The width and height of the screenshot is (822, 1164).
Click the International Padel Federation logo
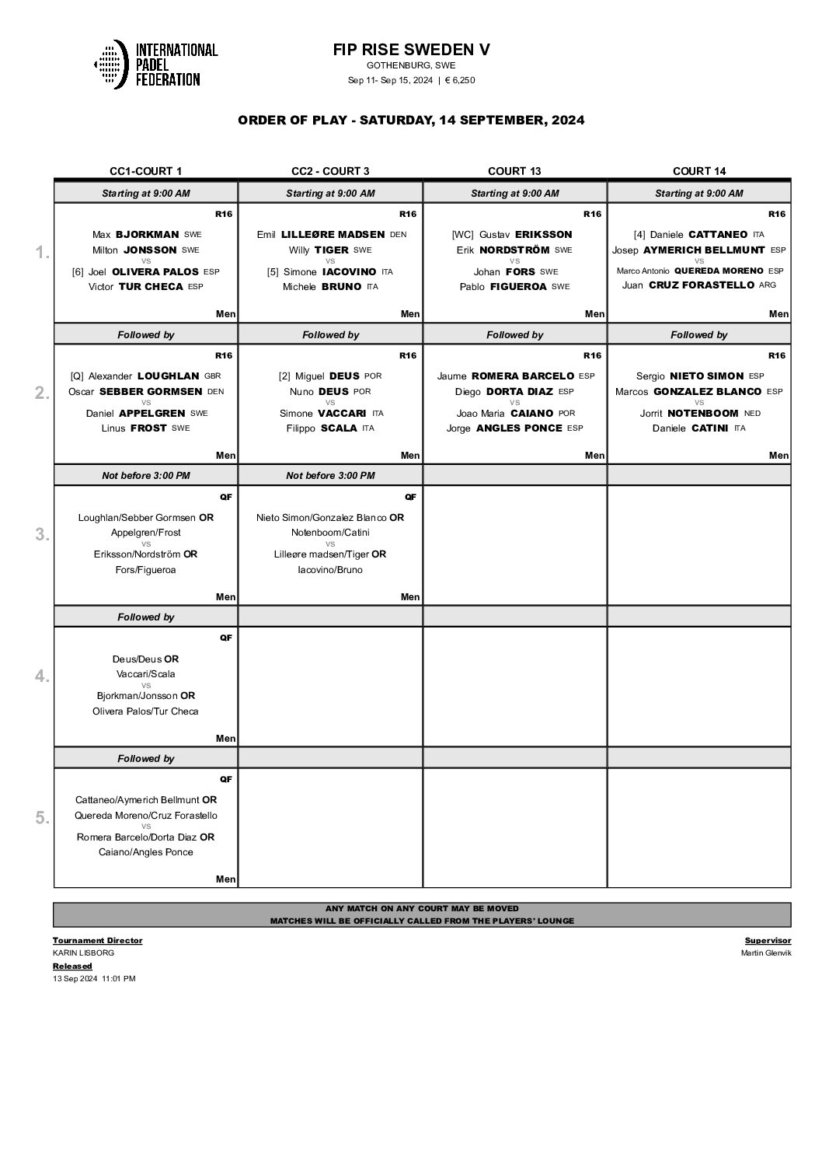pyautogui.click(x=155, y=64)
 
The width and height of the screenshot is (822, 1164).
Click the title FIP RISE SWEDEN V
pyautogui.click(x=411, y=50)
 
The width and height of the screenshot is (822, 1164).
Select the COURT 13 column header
pyautogui.click(x=514, y=171)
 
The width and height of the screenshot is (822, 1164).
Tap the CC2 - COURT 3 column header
pyautogui.click(x=330, y=171)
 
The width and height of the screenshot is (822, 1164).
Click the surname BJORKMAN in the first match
pyautogui.click(x=148, y=234)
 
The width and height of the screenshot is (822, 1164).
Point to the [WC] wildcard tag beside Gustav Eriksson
pyautogui.click(x=462, y=234)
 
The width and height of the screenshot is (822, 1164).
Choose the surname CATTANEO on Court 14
pyautogui.click(x=719, y=234)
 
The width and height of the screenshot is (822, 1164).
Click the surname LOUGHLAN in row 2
pyautogui.click(x=169, y=376)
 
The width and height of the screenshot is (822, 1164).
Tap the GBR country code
pyautogui.click(x=213, y=376)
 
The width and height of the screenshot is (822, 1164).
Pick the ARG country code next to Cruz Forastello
pyautogui.click(x=768, y=285)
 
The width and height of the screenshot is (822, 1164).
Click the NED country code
pyautogui.click(x=752, y=413)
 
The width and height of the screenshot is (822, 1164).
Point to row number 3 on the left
pyautogui.click(x=43, y=535)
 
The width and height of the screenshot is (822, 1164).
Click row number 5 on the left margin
pyautogui.click(x=43, y=818)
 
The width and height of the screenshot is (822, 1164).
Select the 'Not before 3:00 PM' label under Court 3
pyautogui.click(x=330, y=476)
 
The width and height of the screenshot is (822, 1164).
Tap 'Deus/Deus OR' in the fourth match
pyautogui.click(x=146, y=659)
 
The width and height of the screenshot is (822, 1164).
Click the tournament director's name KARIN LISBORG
pyautogui.click(x=83, y=953)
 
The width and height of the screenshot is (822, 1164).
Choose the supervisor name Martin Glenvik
pyautogui.click(x=766, y=953)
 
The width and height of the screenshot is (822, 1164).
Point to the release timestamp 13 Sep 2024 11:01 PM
pyautogui.click(x=94, y=979)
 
